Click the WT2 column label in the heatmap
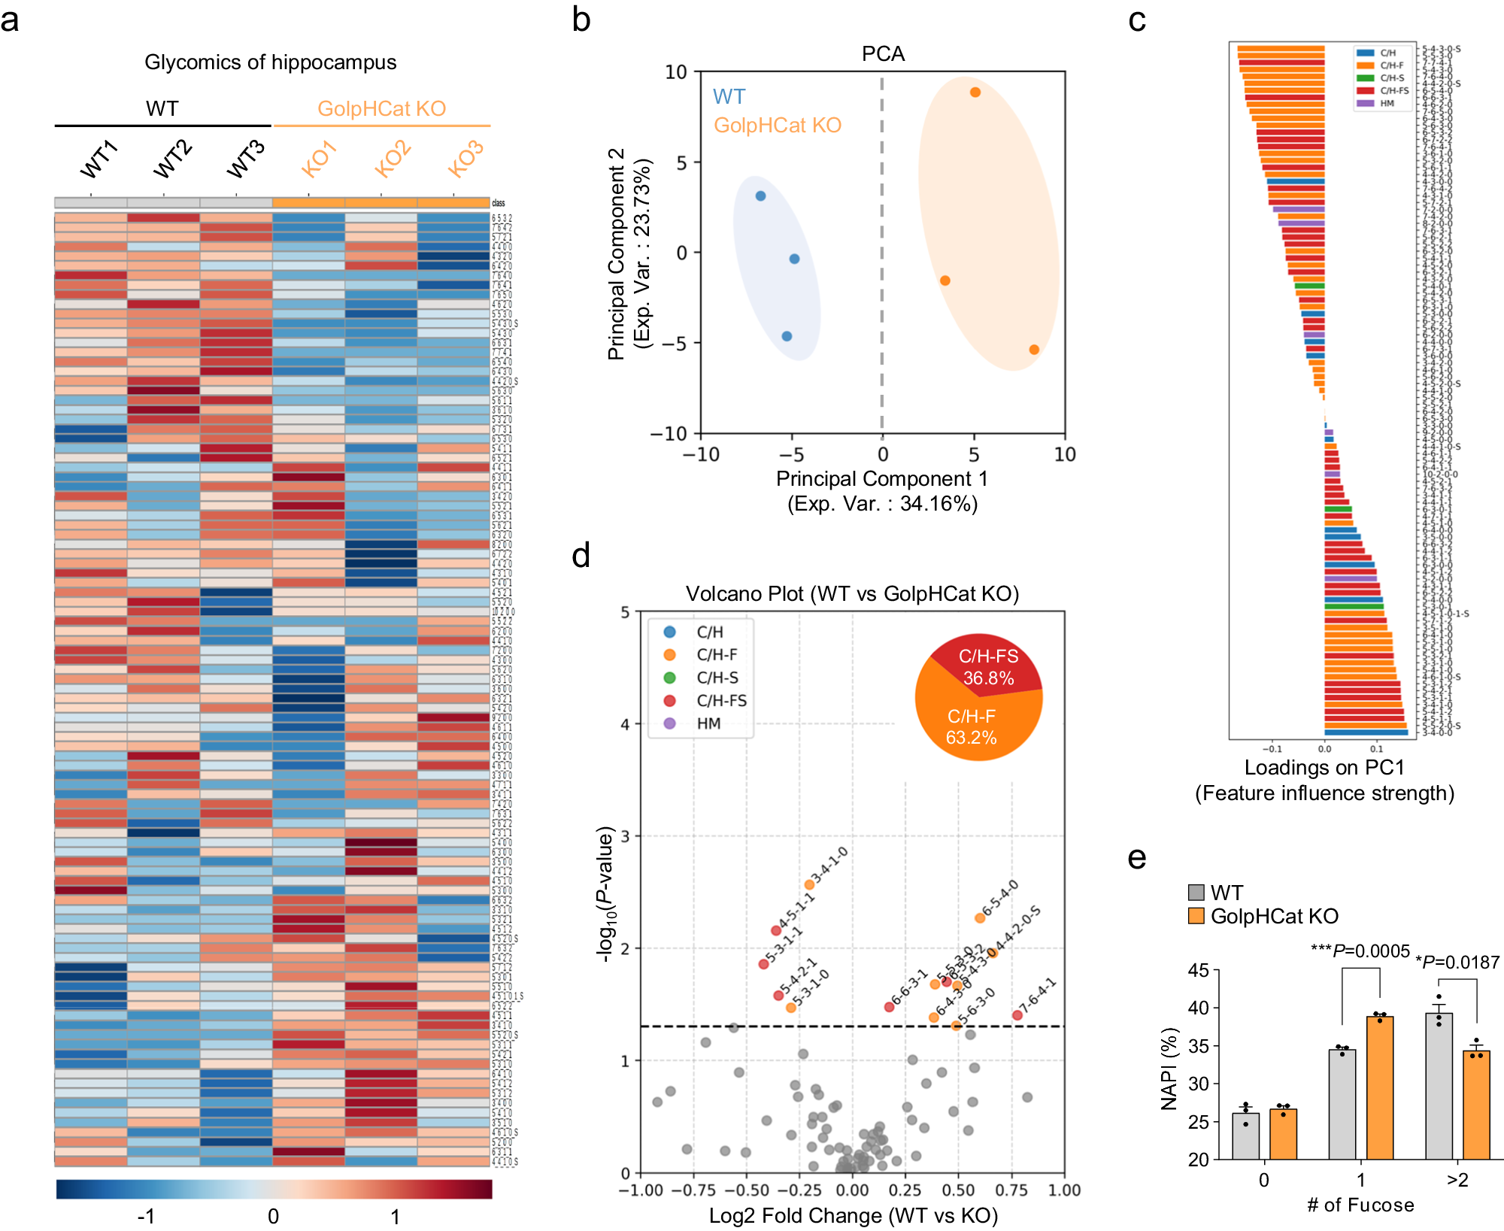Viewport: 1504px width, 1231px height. point(172,159)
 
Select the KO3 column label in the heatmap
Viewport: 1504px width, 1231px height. point(465,159)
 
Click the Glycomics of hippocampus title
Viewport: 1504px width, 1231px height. point(270,62)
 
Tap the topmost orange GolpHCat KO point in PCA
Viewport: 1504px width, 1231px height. point(975,92)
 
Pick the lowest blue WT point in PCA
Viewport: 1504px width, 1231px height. point(787,336)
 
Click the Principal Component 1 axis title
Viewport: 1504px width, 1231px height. point(881,479)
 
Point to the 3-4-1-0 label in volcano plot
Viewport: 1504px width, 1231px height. point(830,865)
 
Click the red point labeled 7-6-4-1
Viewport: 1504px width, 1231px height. point(1017,1015)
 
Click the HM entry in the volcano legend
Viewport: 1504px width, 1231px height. point(708,723)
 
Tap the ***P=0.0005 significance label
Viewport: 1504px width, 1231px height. point(1360,951)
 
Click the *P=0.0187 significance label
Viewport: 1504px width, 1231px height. point(1457,963)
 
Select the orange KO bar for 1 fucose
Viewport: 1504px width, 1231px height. point(1380,1087)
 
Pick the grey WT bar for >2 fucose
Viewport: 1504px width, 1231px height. point(1439,1086)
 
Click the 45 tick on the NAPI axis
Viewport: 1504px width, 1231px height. point(1199,971)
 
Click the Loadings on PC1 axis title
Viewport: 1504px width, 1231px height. point(1324,768)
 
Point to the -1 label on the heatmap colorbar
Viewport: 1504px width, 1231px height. point(146,1216)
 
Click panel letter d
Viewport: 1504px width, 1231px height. point(581,555)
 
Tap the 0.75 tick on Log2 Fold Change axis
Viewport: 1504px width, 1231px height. point(1011,1190)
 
